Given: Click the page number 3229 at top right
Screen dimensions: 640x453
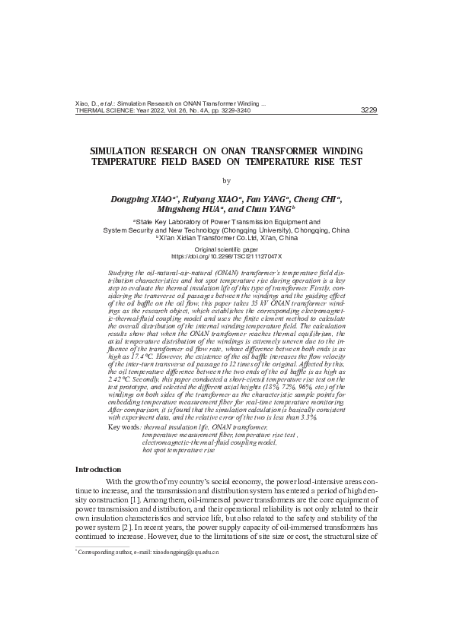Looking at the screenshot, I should coord(368,109).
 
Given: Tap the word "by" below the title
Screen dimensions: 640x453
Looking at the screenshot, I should coord(226,180).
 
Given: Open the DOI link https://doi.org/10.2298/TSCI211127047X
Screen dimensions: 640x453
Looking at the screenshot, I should coord(226,257).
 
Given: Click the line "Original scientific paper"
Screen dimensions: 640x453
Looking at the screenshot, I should coord(226,249).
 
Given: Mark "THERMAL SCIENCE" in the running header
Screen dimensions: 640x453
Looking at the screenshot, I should coord(104,110).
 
